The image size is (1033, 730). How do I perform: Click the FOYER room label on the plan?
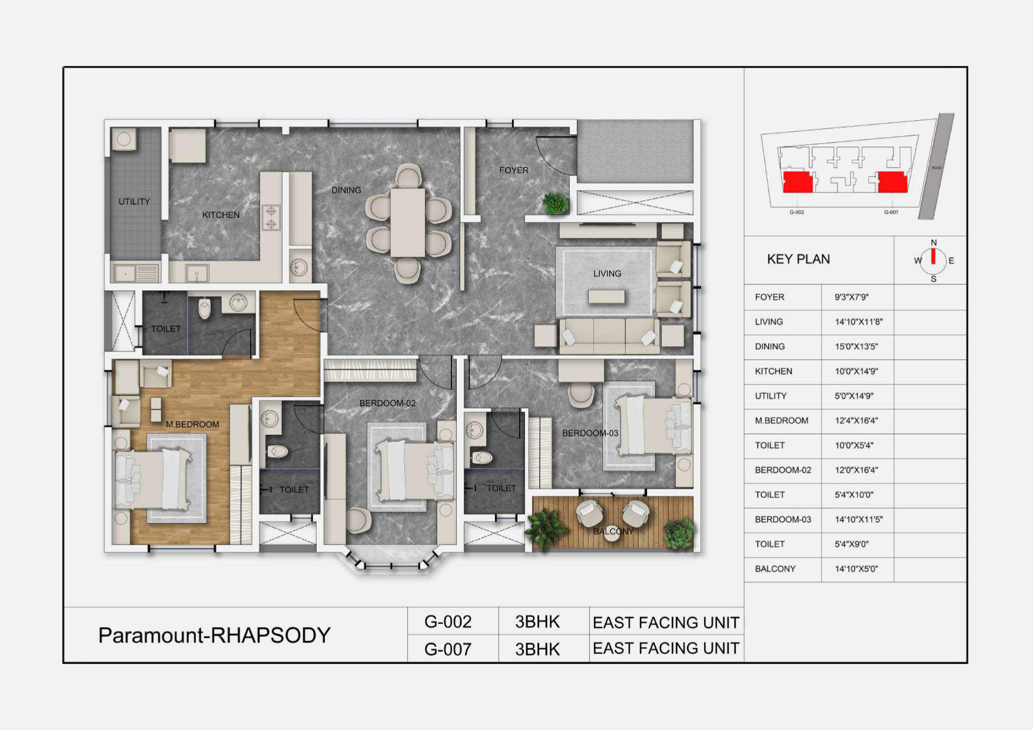514,170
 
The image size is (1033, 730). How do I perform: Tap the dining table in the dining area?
408,223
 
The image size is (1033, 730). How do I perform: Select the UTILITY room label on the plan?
134,201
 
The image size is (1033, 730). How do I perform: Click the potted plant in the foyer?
556,204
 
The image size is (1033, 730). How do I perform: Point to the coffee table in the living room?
606,297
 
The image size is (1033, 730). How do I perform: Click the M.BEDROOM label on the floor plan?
192,424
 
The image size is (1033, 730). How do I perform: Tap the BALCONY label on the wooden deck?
614,532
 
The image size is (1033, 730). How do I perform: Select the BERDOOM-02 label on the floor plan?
387,403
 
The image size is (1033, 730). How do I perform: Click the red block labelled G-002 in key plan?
798,182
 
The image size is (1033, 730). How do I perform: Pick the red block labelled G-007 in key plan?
892,182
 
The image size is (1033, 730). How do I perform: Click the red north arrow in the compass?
934,257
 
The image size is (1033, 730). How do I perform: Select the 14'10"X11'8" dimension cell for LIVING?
859,322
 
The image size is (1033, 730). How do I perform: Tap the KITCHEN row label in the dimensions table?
773,371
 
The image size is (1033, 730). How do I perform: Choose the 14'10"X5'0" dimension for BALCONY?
856,569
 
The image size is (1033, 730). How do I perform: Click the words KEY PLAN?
798,259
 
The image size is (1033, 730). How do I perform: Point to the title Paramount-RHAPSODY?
214,635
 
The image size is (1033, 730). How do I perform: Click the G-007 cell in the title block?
448,649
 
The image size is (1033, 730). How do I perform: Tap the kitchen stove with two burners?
271,217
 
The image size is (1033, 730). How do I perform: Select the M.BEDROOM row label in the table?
782,421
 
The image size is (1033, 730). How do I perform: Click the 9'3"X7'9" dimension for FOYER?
852,297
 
